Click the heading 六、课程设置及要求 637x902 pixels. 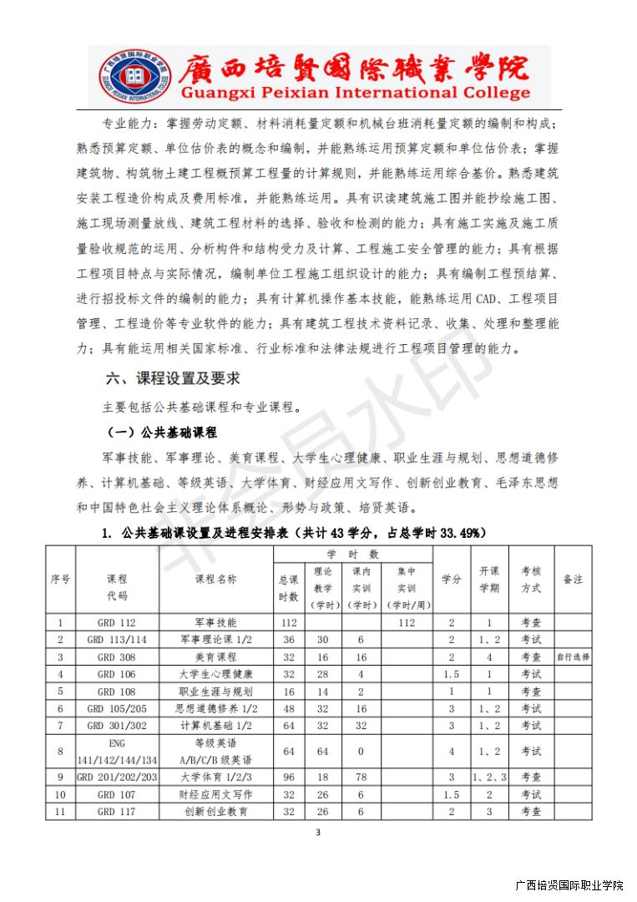173,378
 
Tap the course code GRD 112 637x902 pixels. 117,622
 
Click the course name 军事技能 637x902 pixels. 216,622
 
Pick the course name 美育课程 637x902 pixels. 216,657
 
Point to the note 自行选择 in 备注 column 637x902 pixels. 573,657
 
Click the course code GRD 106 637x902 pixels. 117,674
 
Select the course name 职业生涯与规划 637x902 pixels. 216,692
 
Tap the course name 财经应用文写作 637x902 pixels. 216,794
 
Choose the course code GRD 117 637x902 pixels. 117,811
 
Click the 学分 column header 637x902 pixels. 451,580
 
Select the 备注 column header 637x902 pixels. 573,580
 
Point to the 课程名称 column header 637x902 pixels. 216,580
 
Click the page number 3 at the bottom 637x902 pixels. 318,832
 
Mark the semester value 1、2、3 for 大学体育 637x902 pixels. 489,777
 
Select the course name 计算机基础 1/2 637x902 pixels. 216,726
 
